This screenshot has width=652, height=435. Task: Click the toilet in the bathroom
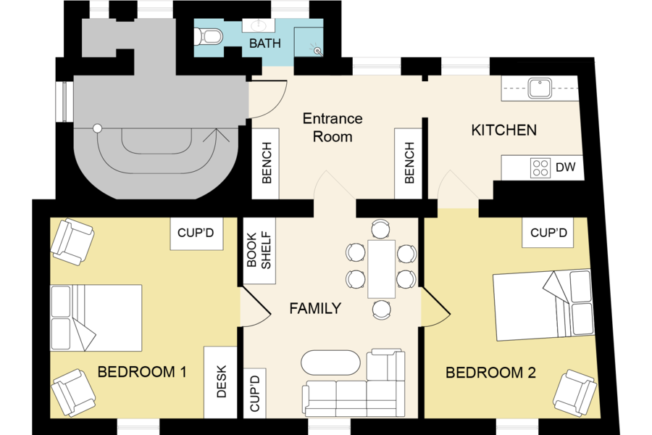pos(209,36)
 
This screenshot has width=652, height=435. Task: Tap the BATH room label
pos(265,43)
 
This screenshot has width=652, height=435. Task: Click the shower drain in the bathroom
pos(318,51)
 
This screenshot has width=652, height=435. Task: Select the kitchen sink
pos(540,88)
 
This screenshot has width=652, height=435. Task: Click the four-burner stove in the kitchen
pos(540,167)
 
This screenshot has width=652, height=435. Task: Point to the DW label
pos(566,167)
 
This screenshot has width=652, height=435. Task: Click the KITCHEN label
pos(503,130)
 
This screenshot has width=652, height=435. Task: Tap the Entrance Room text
pos(333,128)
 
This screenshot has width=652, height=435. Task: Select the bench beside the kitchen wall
pos(409,163)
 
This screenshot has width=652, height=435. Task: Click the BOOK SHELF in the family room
pos(259,251)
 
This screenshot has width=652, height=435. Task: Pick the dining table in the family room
pos(381,269)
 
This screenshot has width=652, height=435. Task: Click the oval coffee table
pos(330,362)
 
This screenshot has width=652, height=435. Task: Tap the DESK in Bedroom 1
pos(220,382)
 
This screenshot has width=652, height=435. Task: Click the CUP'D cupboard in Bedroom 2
pos(548,232)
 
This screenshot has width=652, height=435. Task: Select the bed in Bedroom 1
pos(96,318)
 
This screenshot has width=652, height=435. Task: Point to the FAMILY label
pos(315,308)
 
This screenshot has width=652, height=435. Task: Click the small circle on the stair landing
pos(97,128)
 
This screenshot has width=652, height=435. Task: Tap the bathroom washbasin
pos(258,25)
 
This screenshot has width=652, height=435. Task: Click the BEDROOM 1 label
pos(142,372)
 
